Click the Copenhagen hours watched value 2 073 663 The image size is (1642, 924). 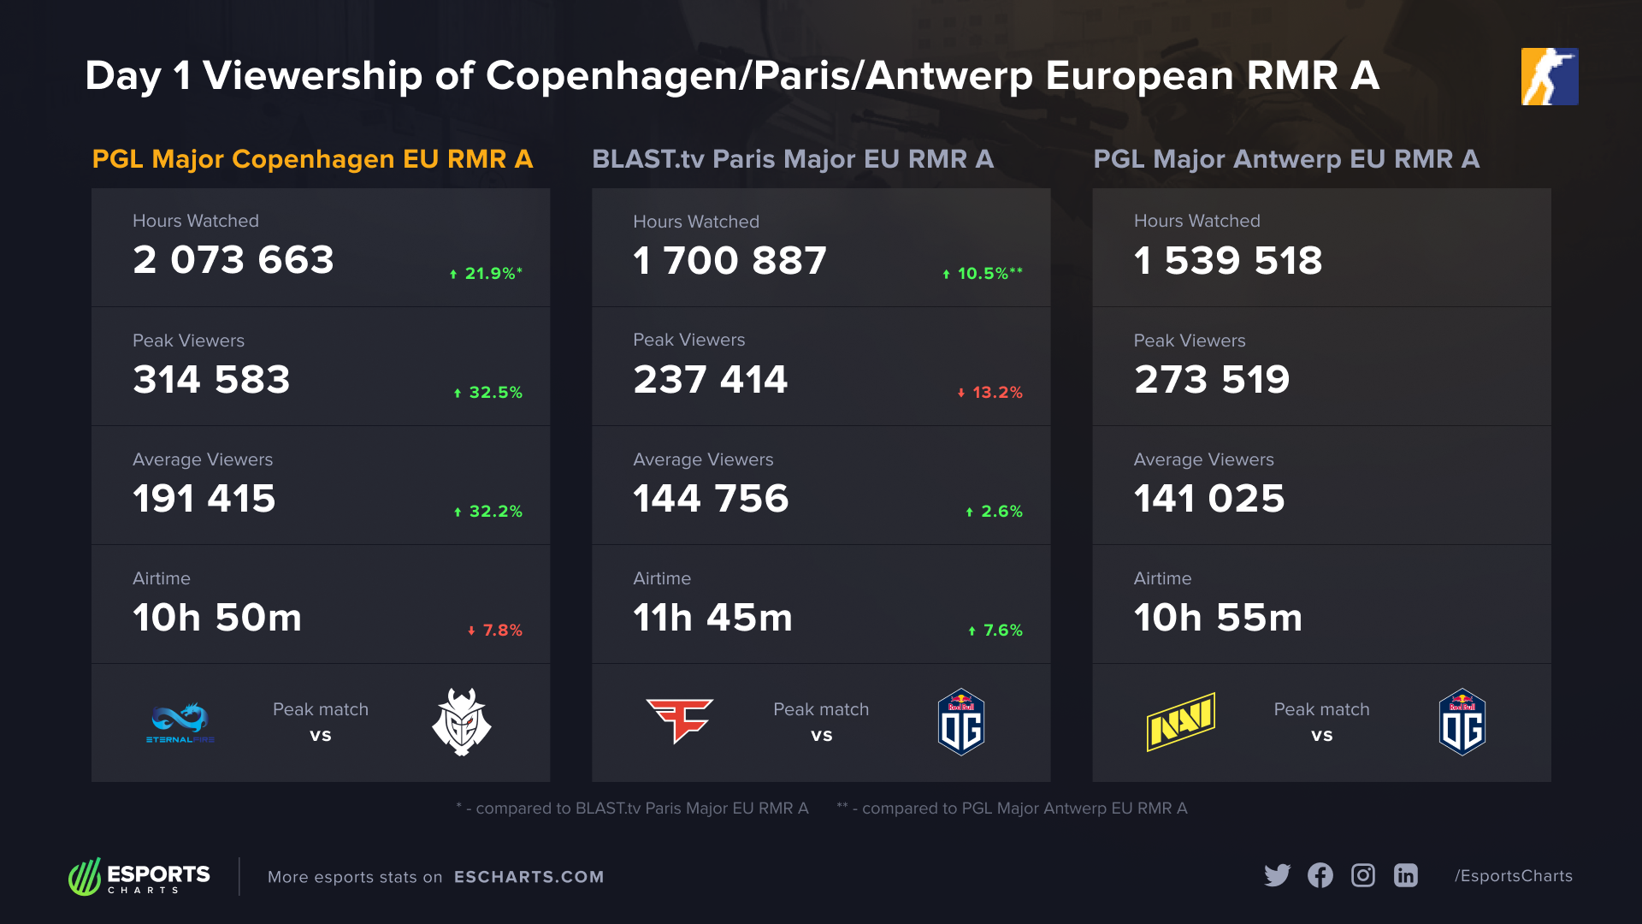[233, 260]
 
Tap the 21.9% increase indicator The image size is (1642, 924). [486, 274]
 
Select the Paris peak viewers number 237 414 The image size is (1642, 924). [710, 380]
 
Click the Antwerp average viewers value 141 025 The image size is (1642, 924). [1208, 499]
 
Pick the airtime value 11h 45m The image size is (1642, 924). [712, 618]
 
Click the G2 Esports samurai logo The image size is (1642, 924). [462, 722]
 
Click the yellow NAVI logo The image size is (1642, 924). [1180, 722]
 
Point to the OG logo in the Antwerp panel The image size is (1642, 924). [1462, 722]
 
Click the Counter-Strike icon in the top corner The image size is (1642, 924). [1550, 77]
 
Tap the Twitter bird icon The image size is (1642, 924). [1277, 875]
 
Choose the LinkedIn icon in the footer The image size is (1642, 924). [1406, 875]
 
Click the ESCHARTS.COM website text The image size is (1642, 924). [529, 877]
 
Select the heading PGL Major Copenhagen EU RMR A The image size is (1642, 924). [312, 159]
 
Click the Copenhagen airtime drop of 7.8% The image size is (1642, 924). [495, 631]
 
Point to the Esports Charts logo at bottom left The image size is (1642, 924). [139, 877]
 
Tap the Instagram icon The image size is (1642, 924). [1363, 875]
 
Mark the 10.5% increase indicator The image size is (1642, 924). [983, 274]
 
